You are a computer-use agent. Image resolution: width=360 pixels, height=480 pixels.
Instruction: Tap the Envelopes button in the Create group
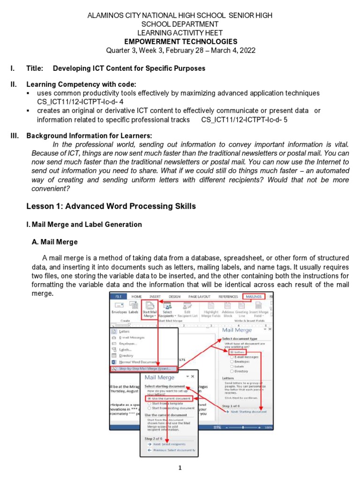[x=119, y=312]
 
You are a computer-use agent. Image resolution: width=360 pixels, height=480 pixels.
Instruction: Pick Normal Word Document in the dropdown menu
[x=138, y=362]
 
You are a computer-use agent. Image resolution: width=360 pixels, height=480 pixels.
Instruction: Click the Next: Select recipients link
[x=166, y=443]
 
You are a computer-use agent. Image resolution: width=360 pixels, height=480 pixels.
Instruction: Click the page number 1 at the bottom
[x=180, y=468]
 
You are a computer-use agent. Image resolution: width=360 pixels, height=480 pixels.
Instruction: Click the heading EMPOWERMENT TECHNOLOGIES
[x=180, y=41]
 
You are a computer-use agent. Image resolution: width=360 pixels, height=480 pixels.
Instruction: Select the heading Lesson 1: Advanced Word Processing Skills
[x=111, y=206]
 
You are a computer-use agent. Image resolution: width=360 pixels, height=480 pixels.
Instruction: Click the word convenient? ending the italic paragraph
[x=50, y=189]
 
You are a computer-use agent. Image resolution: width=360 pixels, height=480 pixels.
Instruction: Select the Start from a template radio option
[x=166, y=403]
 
